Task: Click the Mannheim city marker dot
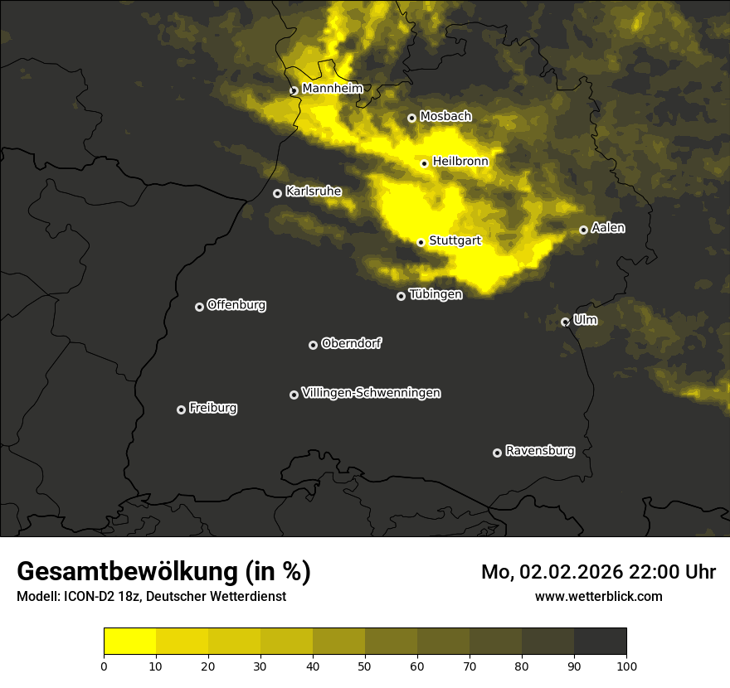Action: pyautogui.click(x=294, y=91)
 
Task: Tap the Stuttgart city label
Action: pyautogui.click(x=455, y=240)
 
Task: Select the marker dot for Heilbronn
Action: pyautogui.click(x=425, y=163)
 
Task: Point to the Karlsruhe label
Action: pyautogui.click(x=313, y=191)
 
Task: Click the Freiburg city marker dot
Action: pyautogui.click(x=181, y=409)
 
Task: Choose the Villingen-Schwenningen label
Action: pyautogui.click(x=371, y=393)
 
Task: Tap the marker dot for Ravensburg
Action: pyautogui.click(x=498, y=453)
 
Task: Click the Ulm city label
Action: pyautogui.click(x=585, y=320)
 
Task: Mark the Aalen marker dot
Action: pyautogui.click(x=583, y=230)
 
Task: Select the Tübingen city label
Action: pyautogui.click(x=436, y=294)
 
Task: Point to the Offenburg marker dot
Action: pyautogui.click(x=199, y=307)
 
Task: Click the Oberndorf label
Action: pyautogui.click(x=351, y=343)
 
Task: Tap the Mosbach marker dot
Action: pyautogui.click(x=411, y=119)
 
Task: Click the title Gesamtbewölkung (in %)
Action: pyautogui.click(x=163, y=572)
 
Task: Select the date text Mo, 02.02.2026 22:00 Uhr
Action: pyautogui.click(x=598, y=572)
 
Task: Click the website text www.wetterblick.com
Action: pyautogui.click(x=598, y=596)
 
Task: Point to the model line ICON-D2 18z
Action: pyautogui.click(x=151, y=596)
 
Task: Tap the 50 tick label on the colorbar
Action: pyautogui.click(x=365, y=666)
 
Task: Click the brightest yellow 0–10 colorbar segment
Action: pyautogui.click(x=130, y=642)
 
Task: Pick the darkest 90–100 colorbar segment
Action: pyautogui.click(x=600, y=642)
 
